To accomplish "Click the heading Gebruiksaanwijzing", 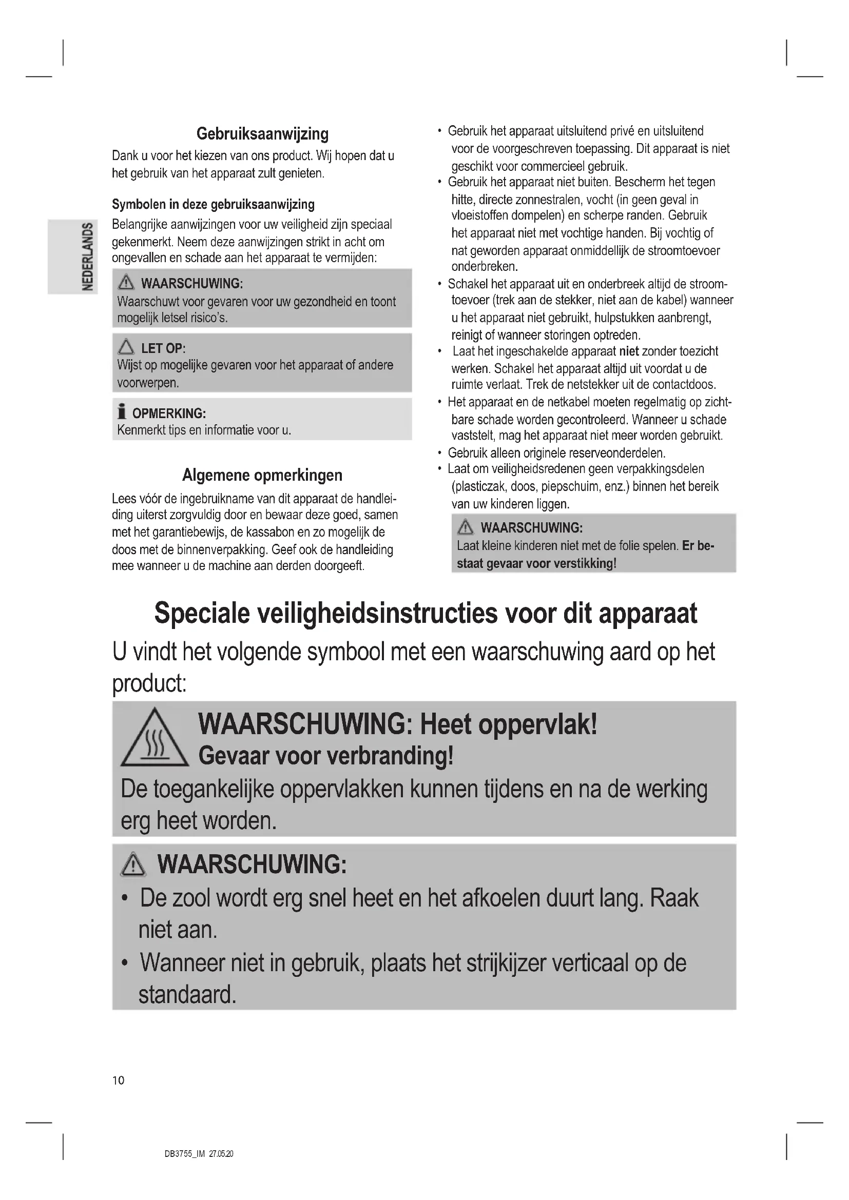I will point(262,134).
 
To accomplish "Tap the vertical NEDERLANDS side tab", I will point(87,257).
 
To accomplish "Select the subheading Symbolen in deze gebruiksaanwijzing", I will point(214,204).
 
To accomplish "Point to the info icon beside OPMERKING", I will point(122,412).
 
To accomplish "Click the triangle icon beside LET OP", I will point(126,347).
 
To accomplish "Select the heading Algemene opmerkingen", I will point(262,475).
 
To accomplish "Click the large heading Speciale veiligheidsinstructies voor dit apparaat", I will point(426,614).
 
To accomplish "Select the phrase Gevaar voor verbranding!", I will point(326,756).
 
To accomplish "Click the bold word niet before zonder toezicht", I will point(629,351).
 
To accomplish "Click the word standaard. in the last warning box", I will point(187,995).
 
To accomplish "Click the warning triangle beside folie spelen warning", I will point(465,528).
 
